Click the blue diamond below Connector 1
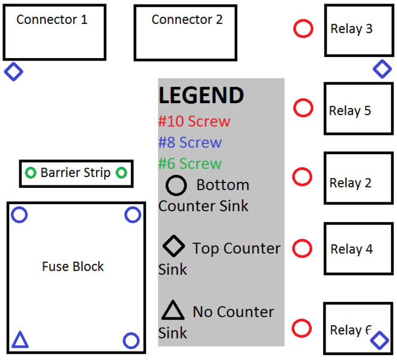tap(13, 72)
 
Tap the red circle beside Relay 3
tap(303, 28)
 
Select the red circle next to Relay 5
tap(303, 108)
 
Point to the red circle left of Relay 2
tap(302, 177)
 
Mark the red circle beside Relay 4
tap(303, 248)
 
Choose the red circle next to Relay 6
tap(302, 328)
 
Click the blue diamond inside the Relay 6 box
tap(379, 341)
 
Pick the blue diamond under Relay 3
tap(382, 69)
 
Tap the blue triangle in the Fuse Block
tap(20, 340)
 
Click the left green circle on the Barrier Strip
tap(31, 173)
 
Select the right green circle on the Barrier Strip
tap(121, 173)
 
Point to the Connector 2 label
tap(187, 20)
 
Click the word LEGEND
tap(201, 96)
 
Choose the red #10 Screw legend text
tap(194, 121)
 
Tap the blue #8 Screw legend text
tap(190, 143)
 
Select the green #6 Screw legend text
tap(190, 164)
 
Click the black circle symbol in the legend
tap(176, 185)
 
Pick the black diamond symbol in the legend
tap(174, 246)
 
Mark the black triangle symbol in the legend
tap(173, 310)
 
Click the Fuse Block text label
tap(73, 266)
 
